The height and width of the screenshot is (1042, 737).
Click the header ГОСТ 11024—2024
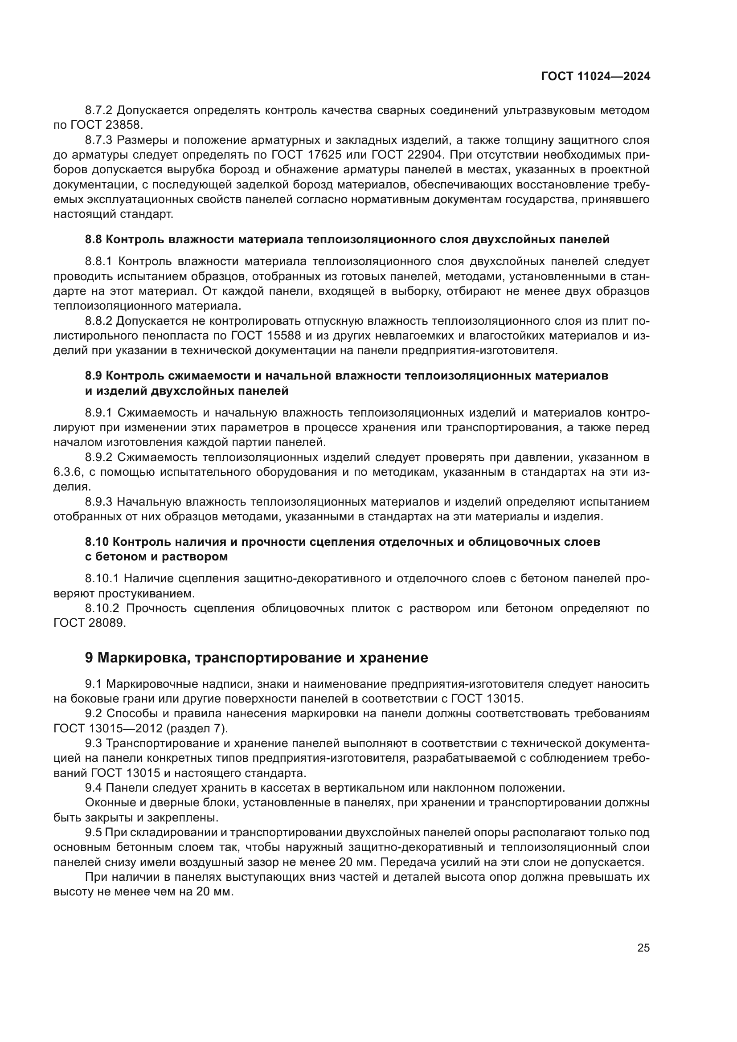(595, 77)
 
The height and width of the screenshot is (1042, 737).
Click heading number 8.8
(94, 240)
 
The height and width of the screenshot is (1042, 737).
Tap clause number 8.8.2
(98, 321)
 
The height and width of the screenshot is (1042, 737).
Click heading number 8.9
(94, 376)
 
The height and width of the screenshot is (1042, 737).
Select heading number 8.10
(97, 541)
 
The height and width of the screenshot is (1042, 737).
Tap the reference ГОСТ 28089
(89, 623)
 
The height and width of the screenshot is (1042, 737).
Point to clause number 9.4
(94, 787)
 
